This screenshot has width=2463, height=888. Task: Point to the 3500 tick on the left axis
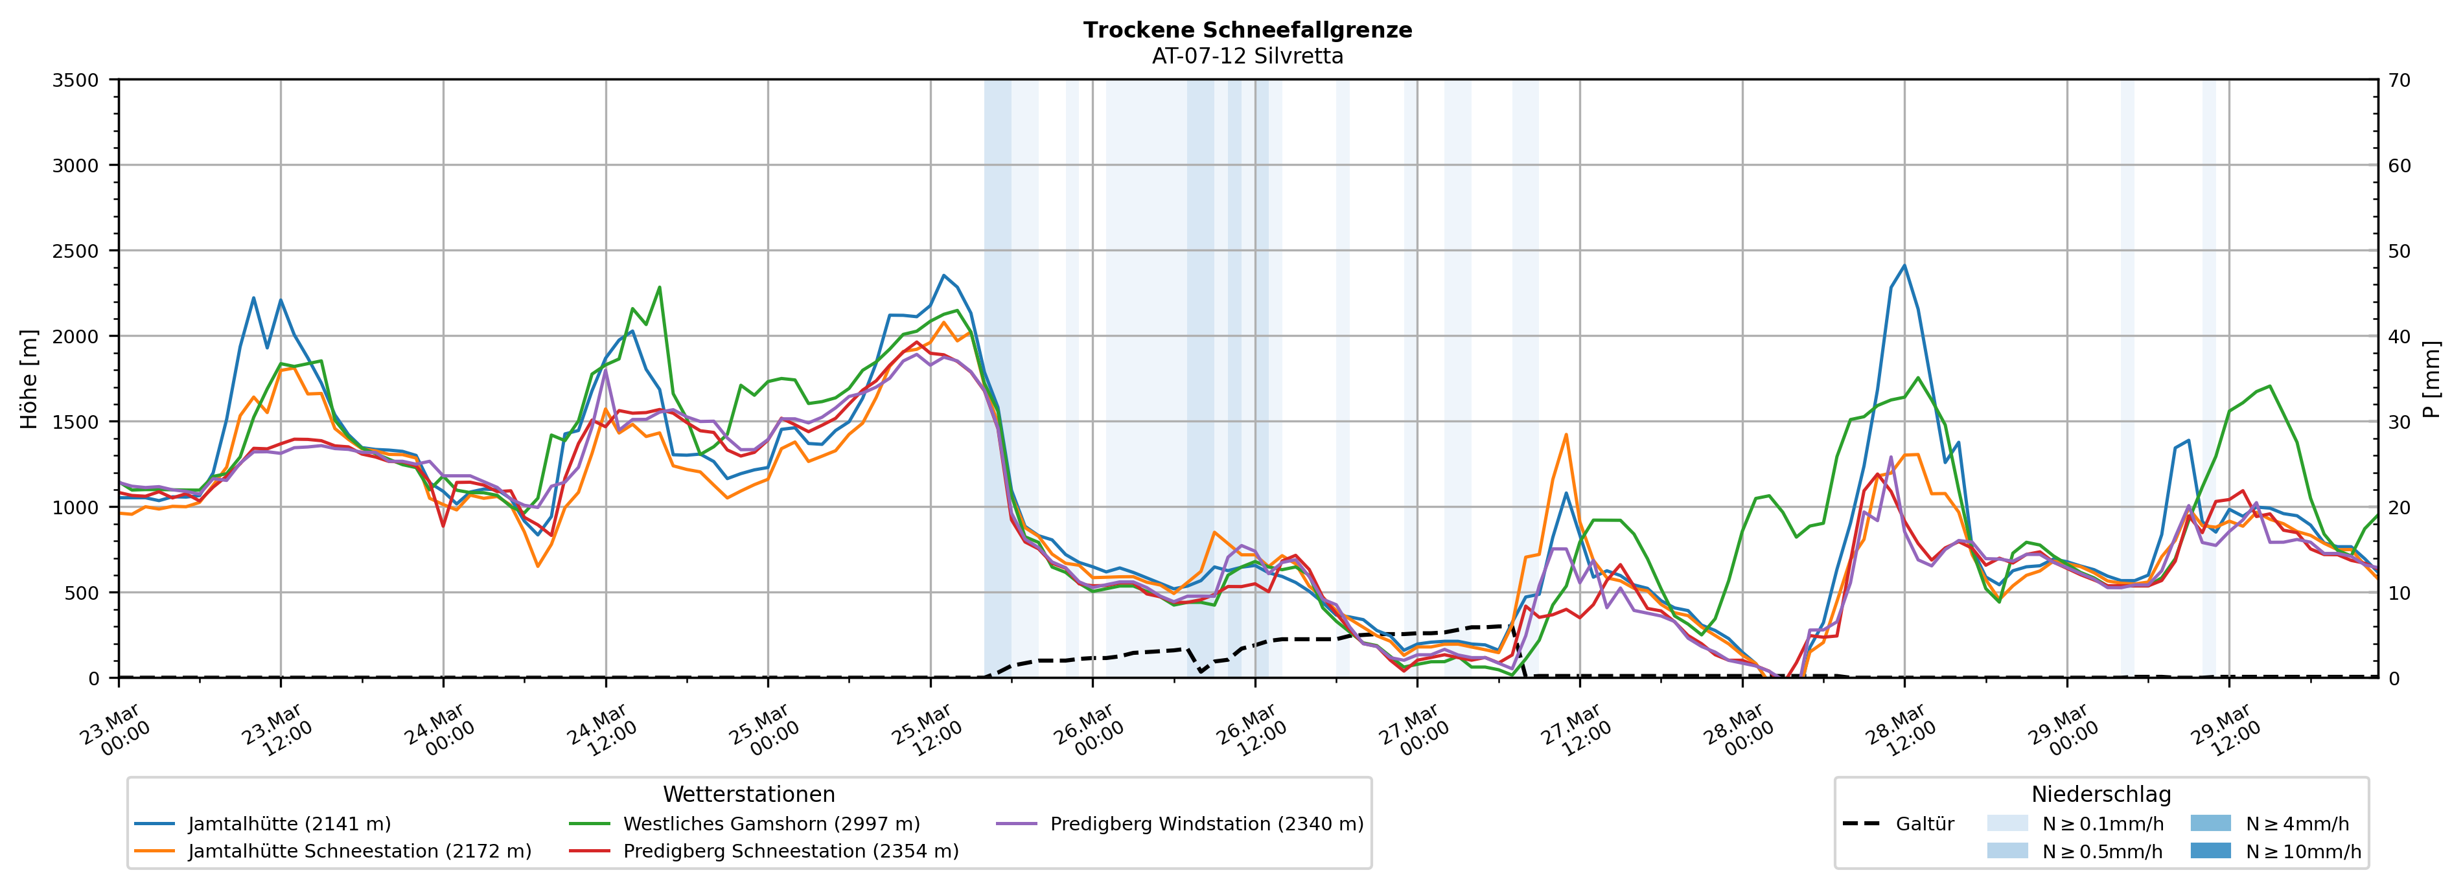click(x=76, y=80)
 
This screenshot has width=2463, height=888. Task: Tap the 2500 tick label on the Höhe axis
click(x=76, y=251)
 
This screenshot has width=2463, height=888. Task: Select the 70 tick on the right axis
click(x=2399, y=80)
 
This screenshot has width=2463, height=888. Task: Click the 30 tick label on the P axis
click(x=2399, y=422)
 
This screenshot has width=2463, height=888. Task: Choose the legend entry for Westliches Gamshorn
click(x=770, y=824)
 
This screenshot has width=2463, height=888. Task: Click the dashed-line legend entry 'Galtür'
click(x=1924, y=824)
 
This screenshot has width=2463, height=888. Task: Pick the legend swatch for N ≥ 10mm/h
click(x=2210, y=850)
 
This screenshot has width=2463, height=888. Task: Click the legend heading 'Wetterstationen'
click(x=748, y=794)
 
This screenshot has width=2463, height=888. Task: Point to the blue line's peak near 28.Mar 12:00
click(x=1904, y=266)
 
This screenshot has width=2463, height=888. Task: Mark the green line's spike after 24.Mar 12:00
click(x=659, y=287)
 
